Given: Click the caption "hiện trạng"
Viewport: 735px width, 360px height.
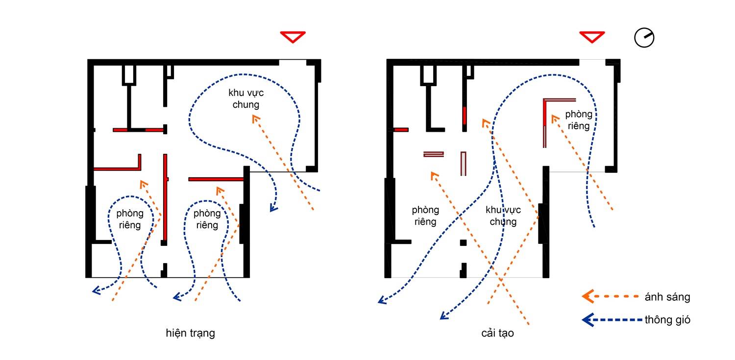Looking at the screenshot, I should tap(191, 334).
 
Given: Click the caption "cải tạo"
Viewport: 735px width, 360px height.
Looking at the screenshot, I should tap(497, 334).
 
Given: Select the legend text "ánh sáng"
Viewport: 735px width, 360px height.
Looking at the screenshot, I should tap(667, 297).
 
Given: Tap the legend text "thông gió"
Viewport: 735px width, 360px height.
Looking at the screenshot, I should tap(667, 320).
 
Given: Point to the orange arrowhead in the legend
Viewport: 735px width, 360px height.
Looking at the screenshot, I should tap(588, 296).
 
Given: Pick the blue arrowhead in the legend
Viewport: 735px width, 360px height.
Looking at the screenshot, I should tap(588, 319).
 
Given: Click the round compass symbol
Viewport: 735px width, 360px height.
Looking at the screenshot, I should tap(644, 38).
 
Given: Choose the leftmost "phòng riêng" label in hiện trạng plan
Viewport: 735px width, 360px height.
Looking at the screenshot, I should tap(130, 219).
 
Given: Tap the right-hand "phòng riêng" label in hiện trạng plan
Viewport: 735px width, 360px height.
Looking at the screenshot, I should tap(207, 219).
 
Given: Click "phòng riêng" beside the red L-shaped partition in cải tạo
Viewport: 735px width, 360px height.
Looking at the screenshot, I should tap(579, 120).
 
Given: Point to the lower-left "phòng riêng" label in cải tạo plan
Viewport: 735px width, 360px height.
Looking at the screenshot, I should tap(425, 216).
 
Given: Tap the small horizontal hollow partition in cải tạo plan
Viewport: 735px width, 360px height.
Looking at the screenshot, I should tap(434, 154).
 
